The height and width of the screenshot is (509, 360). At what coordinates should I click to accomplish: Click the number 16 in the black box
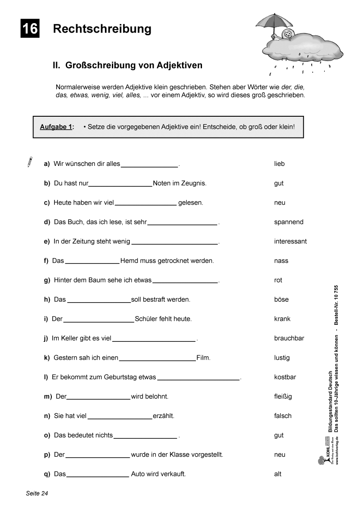[30, 29]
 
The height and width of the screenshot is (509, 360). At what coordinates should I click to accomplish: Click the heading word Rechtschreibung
[102, 29]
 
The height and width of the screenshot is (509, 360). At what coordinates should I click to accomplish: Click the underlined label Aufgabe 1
[57, 127]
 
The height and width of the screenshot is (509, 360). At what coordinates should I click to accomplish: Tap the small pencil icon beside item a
[29, 162]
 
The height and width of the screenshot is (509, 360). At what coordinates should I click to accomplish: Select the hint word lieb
[279, 164]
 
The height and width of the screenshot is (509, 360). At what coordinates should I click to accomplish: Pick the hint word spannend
[289, 222]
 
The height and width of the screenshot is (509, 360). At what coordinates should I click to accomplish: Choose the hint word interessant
[290, 241]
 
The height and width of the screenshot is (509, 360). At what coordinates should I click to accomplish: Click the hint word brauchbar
[289, 338]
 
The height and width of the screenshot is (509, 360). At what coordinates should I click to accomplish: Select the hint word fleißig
[283, 396]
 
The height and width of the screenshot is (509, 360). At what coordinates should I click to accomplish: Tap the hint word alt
[278, 474]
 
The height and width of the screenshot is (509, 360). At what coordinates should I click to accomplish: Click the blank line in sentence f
[92, 263]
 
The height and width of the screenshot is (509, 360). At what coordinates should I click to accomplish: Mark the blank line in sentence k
[157, 360]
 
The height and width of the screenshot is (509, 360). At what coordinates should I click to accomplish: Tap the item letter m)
[48, 396]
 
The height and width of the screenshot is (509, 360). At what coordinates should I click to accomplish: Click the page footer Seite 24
[37, 493]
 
